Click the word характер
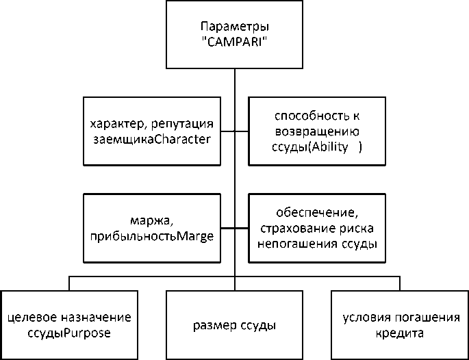pos(114,126)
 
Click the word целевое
pos(31,318)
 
